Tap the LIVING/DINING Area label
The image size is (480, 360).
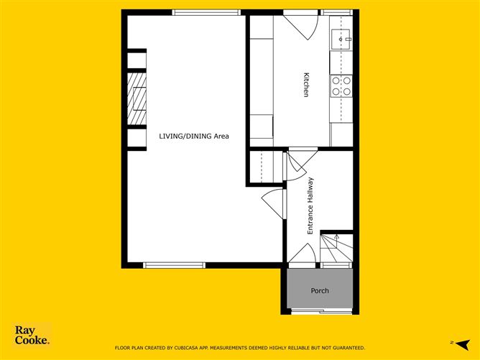(194, 136)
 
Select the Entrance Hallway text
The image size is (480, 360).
(310, 206)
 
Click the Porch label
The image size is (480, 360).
(320, 291)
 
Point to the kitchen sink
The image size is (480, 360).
(341, 36)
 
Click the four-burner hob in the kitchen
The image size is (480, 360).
(341, 86)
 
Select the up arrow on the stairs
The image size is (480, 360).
(336, 236)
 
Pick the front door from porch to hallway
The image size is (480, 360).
(302, 255)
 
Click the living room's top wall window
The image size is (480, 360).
(195, 12)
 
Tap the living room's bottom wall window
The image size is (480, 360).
(174, 265)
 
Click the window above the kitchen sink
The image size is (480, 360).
(336, 12)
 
